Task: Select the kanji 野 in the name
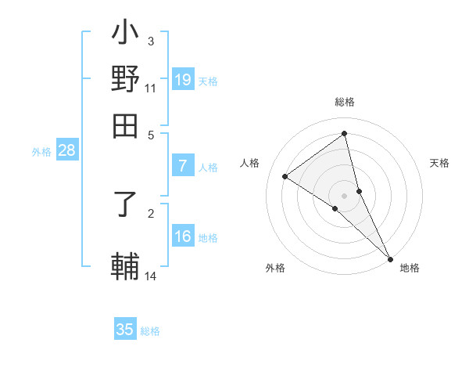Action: click(x=125, y=80)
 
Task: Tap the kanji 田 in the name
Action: click(x=125, y=125)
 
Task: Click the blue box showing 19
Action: click(x=183, y=79)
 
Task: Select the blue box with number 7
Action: click(x=183, y=166)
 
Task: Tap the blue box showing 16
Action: click(x=183, y=237)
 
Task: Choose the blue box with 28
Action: click(x=67, y=151)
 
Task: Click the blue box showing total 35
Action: click(x=125, y=330)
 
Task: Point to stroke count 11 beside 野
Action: click(x=151, y=88)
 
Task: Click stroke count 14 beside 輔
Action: click(x=151, y=276)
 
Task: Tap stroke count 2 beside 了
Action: click(x=151, y=212)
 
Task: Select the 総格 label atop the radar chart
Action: click(x=345, y=103)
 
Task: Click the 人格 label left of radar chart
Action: click(x=250, y=163)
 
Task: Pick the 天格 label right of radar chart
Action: click(x=439, y=163)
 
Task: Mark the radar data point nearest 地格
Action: click(x=390, y=258)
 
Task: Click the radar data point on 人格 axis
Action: click(x=285, y=176)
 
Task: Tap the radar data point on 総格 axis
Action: click(x=345, y=134)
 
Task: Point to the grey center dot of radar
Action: click(x=345, y=195)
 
